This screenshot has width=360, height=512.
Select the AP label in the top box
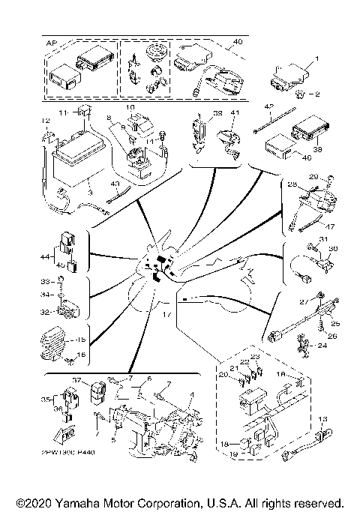(51, 43)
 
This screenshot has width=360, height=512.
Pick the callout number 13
(324, 419)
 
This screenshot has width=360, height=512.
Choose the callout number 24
(323, 346)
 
